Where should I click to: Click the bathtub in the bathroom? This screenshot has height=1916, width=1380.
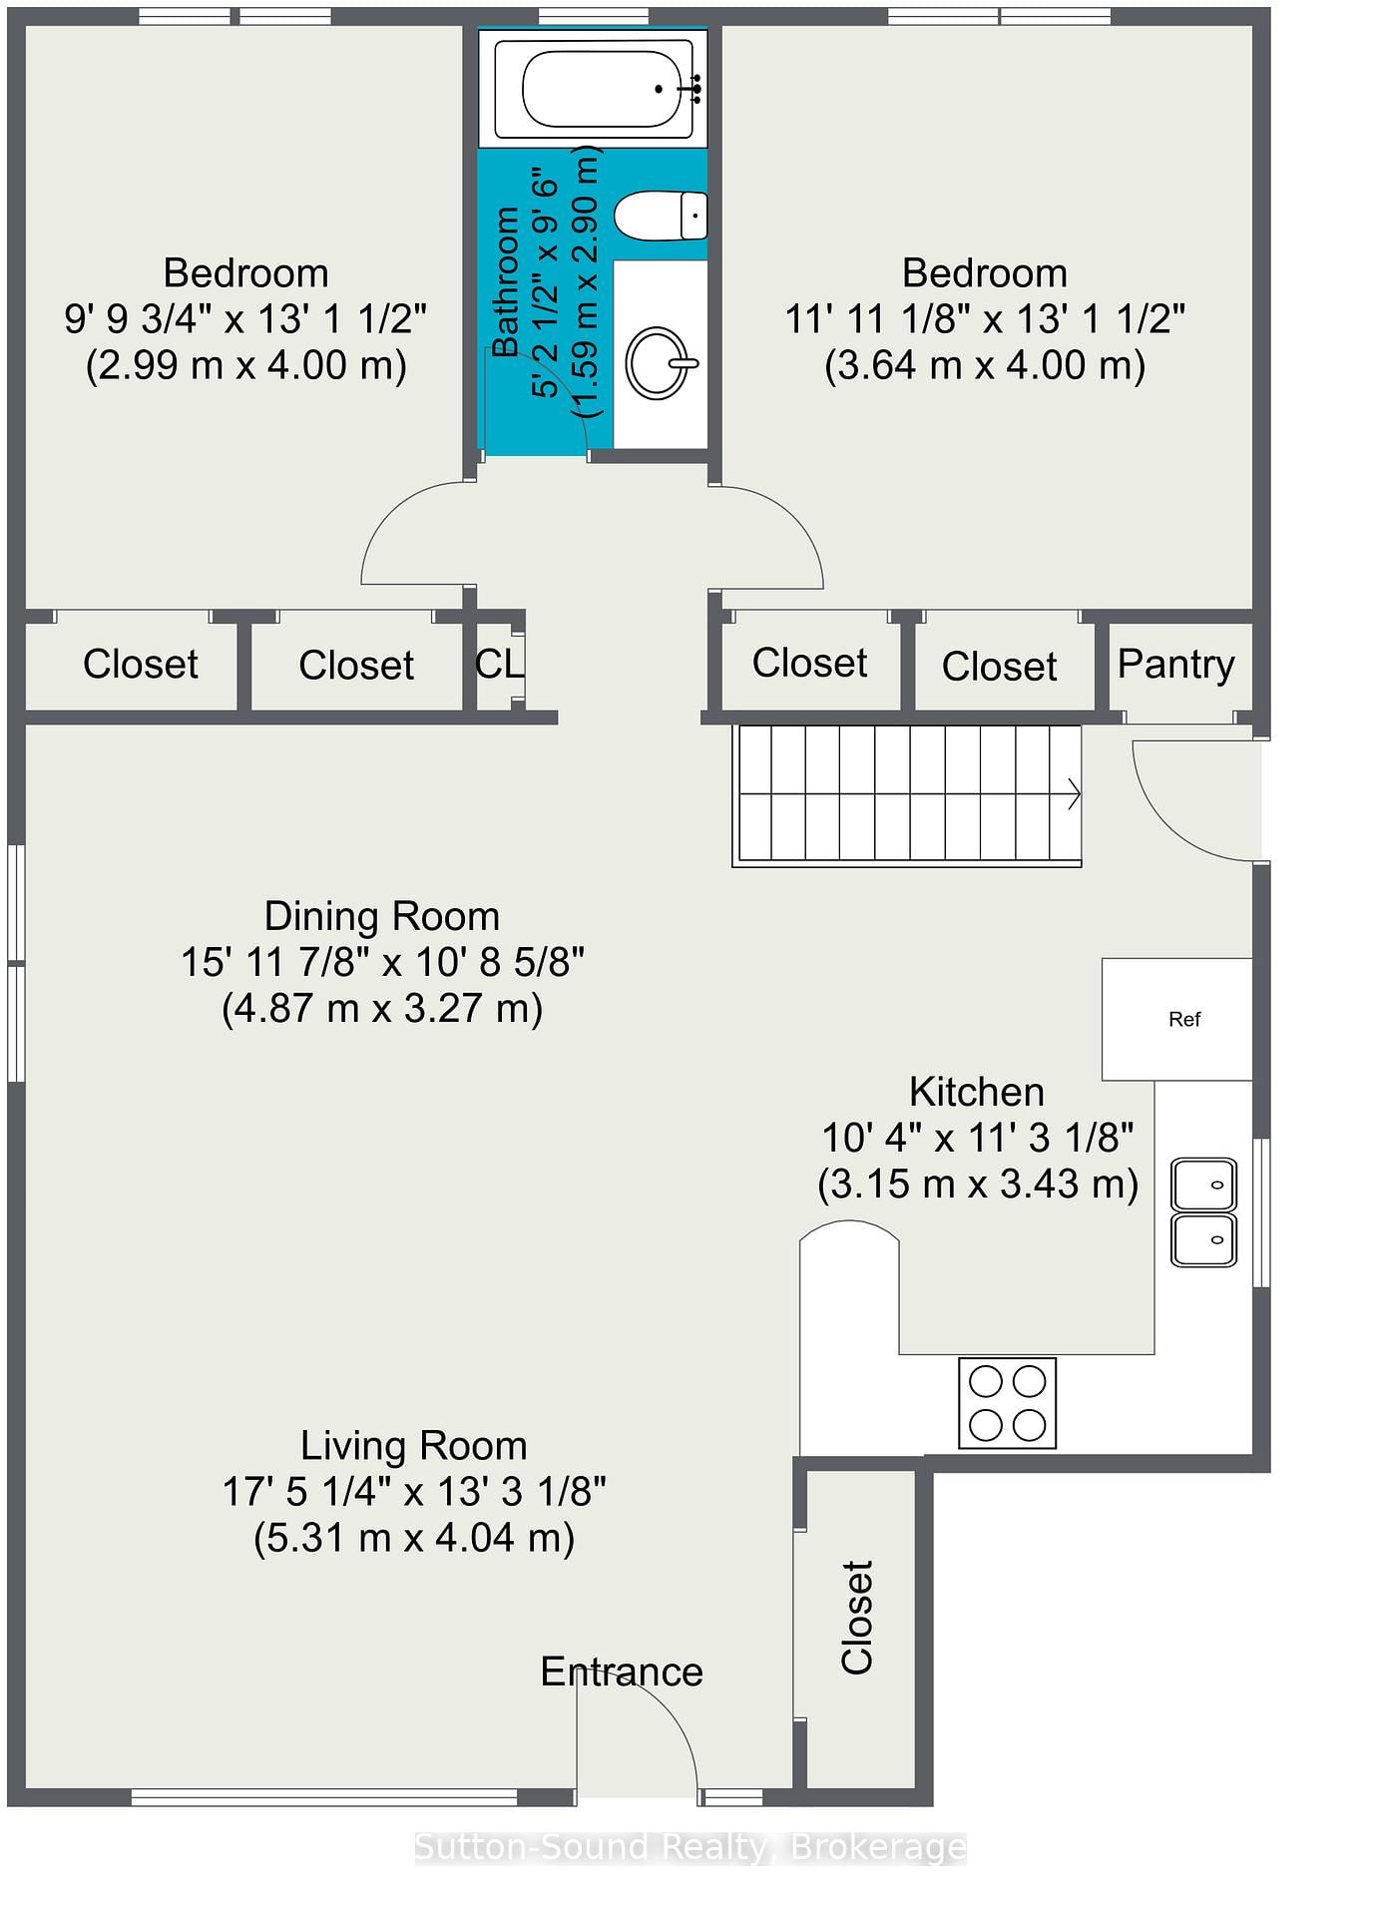coord(595,89)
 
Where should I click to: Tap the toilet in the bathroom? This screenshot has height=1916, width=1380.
coord(660,216)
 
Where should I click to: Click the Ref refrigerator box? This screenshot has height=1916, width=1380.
coord(1177,1019)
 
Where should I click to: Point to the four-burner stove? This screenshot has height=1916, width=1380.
coord(1008,1402)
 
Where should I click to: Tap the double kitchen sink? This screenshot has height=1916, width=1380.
coord(1203,1212)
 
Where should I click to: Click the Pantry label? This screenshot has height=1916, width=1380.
coord(1175,664)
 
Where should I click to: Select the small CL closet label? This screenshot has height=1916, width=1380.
coord(499,664)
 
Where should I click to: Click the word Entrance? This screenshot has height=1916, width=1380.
coord(622,1672)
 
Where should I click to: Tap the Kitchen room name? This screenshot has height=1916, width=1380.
coord(977,1092)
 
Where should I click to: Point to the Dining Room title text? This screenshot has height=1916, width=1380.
coord(382,916)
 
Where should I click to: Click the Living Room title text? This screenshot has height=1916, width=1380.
coord(414,1446)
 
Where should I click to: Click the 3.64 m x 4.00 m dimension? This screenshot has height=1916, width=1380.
coord(985,365)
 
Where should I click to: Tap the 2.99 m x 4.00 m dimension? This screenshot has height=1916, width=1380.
coord(246,365)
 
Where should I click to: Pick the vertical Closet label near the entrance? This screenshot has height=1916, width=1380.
coord(857,1618)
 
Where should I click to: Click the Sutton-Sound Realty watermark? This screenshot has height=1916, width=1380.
coord(690,1848)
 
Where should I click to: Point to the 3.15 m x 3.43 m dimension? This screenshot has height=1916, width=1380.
coord(978,1185)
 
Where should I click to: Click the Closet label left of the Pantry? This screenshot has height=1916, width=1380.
coord(999,667)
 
